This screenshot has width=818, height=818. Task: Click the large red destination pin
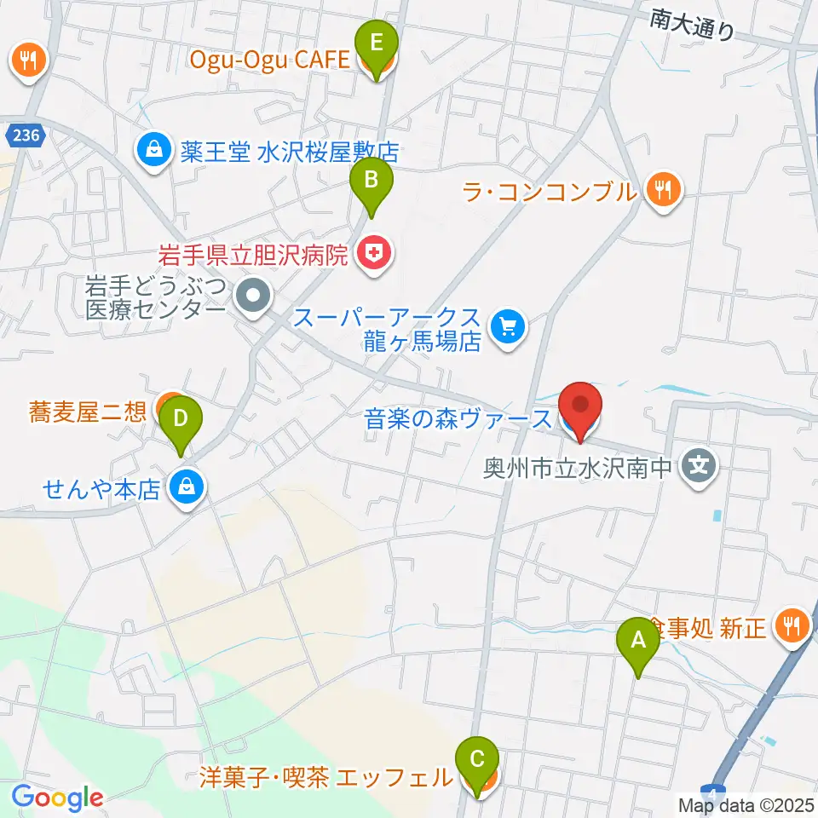tap(580, 409)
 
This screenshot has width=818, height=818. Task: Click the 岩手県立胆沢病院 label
tap(254, 254)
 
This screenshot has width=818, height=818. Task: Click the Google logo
tap(57, 798)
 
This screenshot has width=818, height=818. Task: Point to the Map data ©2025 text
tap(746, 804)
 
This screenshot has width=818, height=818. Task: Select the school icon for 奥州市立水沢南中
tap(699, 466)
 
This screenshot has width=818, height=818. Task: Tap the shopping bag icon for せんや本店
tap(185, 488)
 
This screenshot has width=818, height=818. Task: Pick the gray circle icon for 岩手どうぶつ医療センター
tap(253, 299)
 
